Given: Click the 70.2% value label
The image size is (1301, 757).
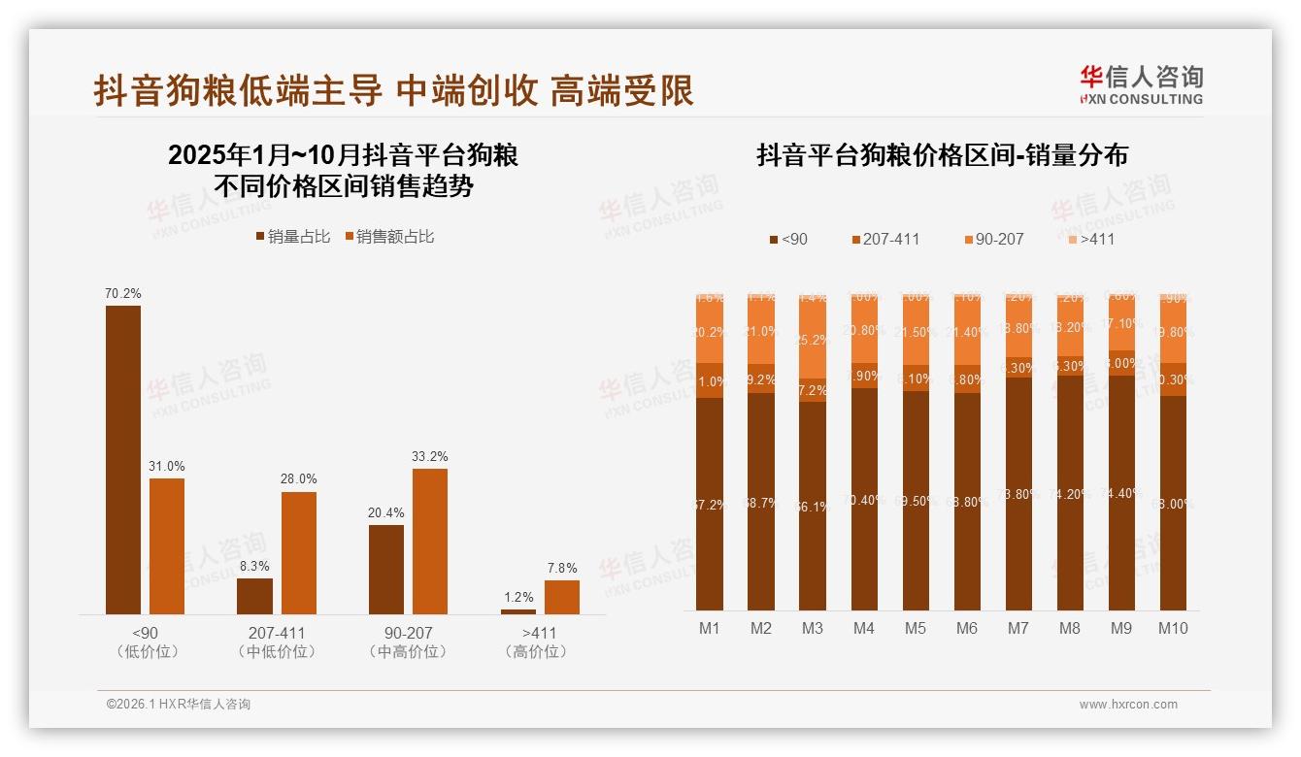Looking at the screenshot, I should tap(123, 293).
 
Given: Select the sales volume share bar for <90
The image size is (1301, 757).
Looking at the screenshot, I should tap(123, 460).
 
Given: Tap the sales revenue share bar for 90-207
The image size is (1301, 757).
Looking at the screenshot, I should tap(430, 542).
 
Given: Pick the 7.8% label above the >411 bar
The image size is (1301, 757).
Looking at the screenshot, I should tap(561, 568).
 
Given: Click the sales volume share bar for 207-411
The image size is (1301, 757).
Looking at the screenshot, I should tap(254, 596).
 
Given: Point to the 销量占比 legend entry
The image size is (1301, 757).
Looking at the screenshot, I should tap(293, 237).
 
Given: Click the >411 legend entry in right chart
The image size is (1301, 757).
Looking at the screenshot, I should tap(1090, 239).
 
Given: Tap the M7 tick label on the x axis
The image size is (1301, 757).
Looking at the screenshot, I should tap(1017, 628).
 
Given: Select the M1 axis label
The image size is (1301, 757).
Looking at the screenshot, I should tap(710, 628).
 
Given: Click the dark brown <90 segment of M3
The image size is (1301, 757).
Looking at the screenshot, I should tap(813, 505).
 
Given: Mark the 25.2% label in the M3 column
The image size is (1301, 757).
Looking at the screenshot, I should tap(813, 340).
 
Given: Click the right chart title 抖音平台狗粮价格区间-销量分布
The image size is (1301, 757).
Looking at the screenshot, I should tap(942, 156).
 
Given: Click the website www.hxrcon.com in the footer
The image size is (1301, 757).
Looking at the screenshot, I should tap(1128, 705).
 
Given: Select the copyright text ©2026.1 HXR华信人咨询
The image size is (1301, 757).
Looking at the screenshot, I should tap(179, 705).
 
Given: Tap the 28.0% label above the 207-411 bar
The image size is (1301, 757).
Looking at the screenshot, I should tap(299, 478).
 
